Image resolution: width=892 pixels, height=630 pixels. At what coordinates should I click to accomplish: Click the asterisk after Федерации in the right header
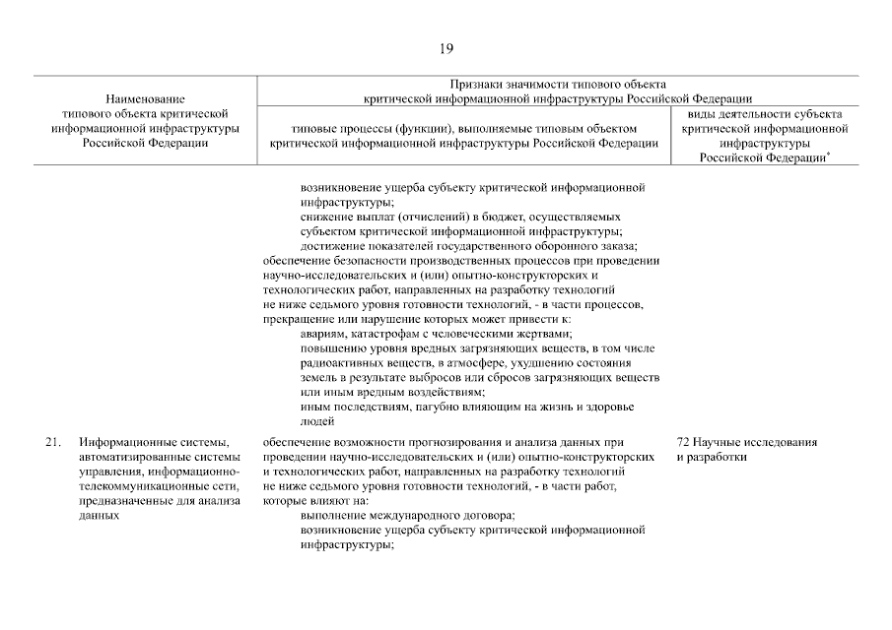(828, 153)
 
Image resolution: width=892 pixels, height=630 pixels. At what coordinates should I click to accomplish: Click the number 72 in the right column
(683, 442)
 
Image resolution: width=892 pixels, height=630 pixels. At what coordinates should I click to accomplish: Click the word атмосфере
(478, 363)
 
